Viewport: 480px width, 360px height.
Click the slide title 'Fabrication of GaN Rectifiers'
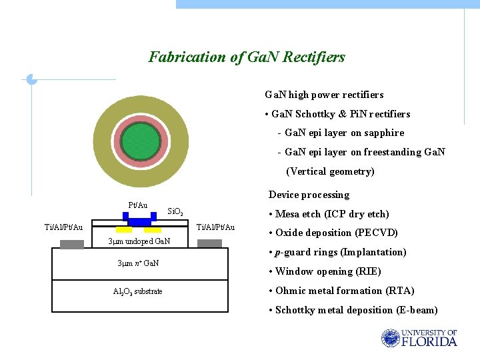247,57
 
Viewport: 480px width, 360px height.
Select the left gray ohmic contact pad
72,244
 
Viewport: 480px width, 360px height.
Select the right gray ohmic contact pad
209,243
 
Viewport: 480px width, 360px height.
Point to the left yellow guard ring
123,230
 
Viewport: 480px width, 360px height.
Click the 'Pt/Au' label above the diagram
137,205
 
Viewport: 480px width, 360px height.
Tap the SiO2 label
175,212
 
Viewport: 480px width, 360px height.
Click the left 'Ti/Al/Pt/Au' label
63,227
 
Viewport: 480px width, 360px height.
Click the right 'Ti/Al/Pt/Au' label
215,227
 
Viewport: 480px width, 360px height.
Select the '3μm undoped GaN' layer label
139,241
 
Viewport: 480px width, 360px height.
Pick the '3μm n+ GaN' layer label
139,263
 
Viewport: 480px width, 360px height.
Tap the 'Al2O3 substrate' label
137,291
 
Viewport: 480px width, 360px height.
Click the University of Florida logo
419,338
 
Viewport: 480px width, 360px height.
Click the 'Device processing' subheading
309,195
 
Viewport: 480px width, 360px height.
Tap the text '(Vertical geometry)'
330,171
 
